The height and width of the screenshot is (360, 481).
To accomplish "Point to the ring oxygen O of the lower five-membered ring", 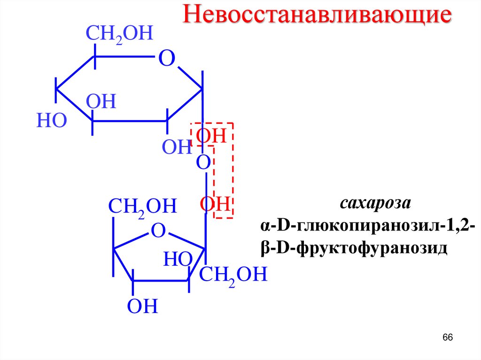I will point(159,230).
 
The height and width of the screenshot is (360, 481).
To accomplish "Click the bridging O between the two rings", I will point(203,163).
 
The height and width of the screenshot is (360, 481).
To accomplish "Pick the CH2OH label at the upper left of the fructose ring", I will point(142,207).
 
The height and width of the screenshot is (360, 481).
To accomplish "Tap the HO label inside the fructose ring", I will point(178,259).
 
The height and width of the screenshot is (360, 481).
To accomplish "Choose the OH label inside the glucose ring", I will point(101,102).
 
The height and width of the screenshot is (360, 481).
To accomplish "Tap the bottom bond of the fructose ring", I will point(161,281).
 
